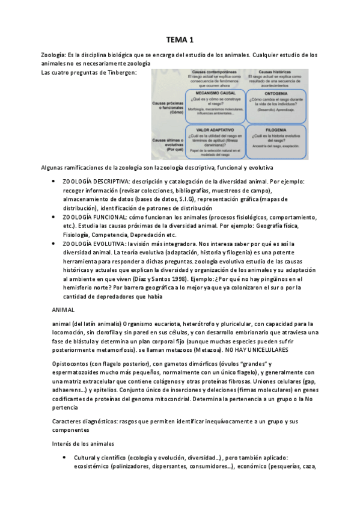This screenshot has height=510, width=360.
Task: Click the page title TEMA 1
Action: click(x=180, y=40)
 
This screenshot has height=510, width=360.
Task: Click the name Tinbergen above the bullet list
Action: click(x=123, y=73)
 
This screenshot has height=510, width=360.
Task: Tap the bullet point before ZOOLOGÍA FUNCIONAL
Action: click(x=55, y=217)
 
